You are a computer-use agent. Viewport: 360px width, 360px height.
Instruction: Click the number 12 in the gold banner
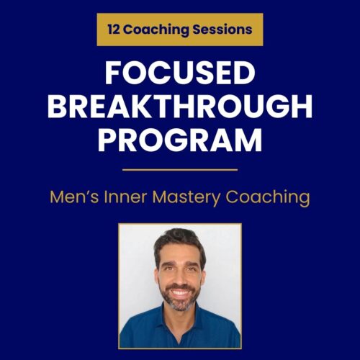(113, 30)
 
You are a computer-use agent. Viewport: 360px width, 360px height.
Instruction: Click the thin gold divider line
(179, 170)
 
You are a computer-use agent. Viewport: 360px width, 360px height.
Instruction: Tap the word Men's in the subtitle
(73, 197)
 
